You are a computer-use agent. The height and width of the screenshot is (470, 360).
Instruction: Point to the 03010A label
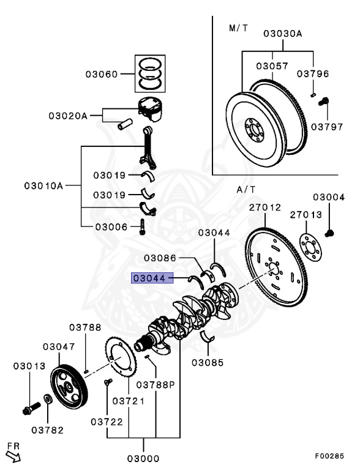point(43,185)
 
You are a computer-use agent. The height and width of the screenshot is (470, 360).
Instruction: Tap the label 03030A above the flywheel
point(282,34)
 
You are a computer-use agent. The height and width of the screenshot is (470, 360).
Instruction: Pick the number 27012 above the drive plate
point(264,207)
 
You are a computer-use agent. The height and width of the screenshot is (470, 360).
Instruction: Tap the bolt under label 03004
point(329,233)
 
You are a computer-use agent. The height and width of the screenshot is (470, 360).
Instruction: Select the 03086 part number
point(160,258)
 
